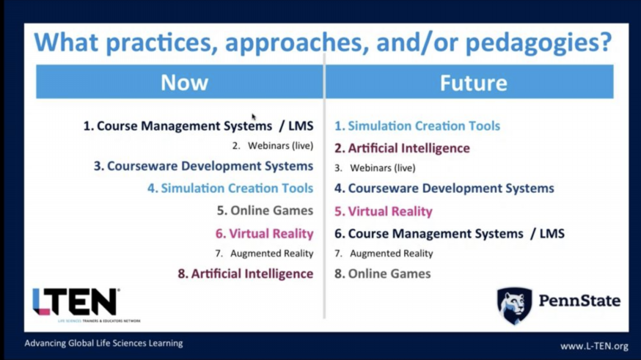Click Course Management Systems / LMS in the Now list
click(x=198, y=125)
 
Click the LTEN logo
click(x=76, y=301)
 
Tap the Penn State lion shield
click(x=514, y=305)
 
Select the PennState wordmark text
click(x=579, y=301)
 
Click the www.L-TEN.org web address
click(x=594, y=346)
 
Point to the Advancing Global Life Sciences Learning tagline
click(x=103, y=343)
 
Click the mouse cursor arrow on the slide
click(x=253, y=117)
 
